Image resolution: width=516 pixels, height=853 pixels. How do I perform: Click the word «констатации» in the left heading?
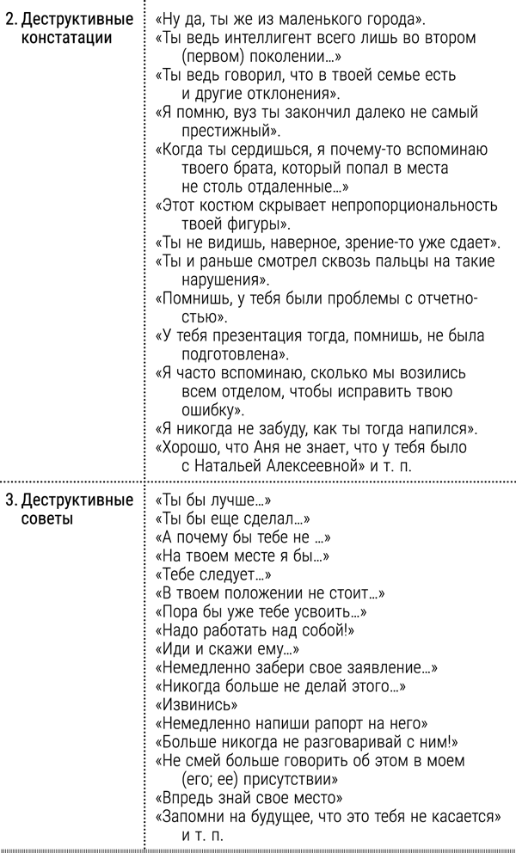coord(59,38)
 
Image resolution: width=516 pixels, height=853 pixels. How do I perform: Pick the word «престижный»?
coord(229,131)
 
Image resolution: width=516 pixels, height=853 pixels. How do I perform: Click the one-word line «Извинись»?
coord(189,705)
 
